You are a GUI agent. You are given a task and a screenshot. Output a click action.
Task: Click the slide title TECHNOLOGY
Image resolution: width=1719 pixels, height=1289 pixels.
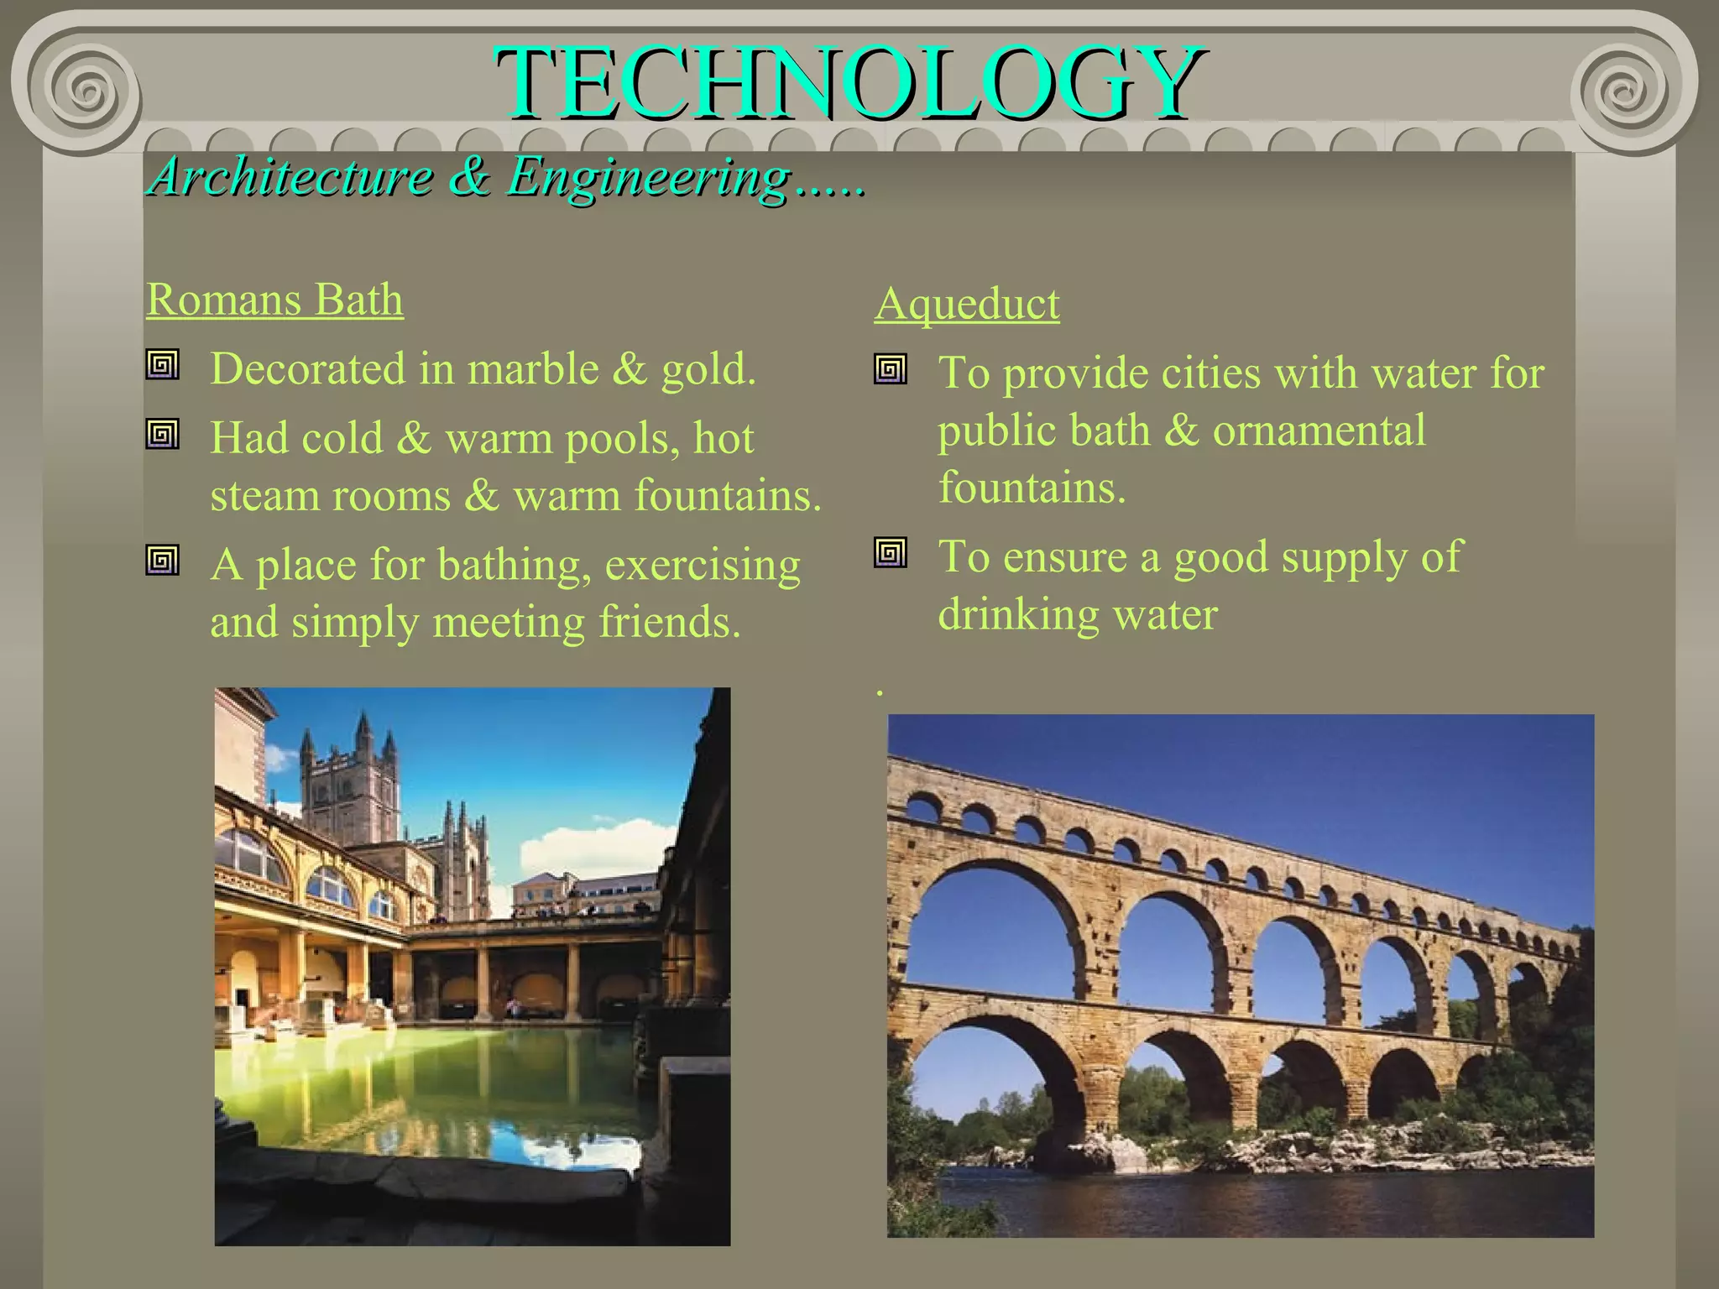(849, 84)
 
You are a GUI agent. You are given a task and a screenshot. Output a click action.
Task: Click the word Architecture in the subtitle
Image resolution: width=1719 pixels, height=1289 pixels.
(290, 177)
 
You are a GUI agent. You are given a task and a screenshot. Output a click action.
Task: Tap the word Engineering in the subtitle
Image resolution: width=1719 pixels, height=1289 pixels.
(649, 179)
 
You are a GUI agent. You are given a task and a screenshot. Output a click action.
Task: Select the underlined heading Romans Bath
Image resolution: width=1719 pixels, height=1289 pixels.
(274, 300)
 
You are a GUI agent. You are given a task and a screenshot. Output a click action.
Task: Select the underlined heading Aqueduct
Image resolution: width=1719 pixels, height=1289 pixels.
(966, 304)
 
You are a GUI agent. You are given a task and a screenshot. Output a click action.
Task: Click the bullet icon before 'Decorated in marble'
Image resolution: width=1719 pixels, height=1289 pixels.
(162, 365)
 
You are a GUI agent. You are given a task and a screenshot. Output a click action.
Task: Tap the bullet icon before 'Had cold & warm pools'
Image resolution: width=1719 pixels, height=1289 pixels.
(162, 434)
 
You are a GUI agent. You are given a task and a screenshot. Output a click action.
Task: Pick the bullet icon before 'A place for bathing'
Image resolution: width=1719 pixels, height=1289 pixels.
(162, 560)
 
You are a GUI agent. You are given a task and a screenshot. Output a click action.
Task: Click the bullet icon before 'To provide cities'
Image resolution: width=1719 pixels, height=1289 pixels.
(891, 369)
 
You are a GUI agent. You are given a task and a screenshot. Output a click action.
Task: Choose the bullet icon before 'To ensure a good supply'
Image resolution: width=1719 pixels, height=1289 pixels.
(891, 553)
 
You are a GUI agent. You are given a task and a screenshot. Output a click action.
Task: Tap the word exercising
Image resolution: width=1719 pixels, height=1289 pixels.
(703, 566)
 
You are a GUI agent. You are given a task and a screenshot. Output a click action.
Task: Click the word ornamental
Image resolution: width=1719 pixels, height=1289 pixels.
(1319, 431)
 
